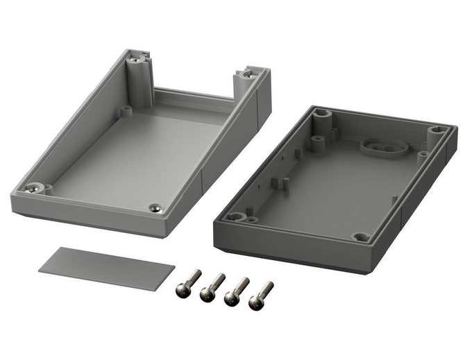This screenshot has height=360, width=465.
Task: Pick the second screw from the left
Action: (x=210, y=288)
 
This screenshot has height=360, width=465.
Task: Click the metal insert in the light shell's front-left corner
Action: (x=33, y=187)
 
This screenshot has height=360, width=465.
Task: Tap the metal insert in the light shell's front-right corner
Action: (x=155, y=207)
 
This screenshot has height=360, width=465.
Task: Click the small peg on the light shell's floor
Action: (x=126, y=110)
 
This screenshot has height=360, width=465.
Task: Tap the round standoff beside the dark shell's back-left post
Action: (x=317, y=142)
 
